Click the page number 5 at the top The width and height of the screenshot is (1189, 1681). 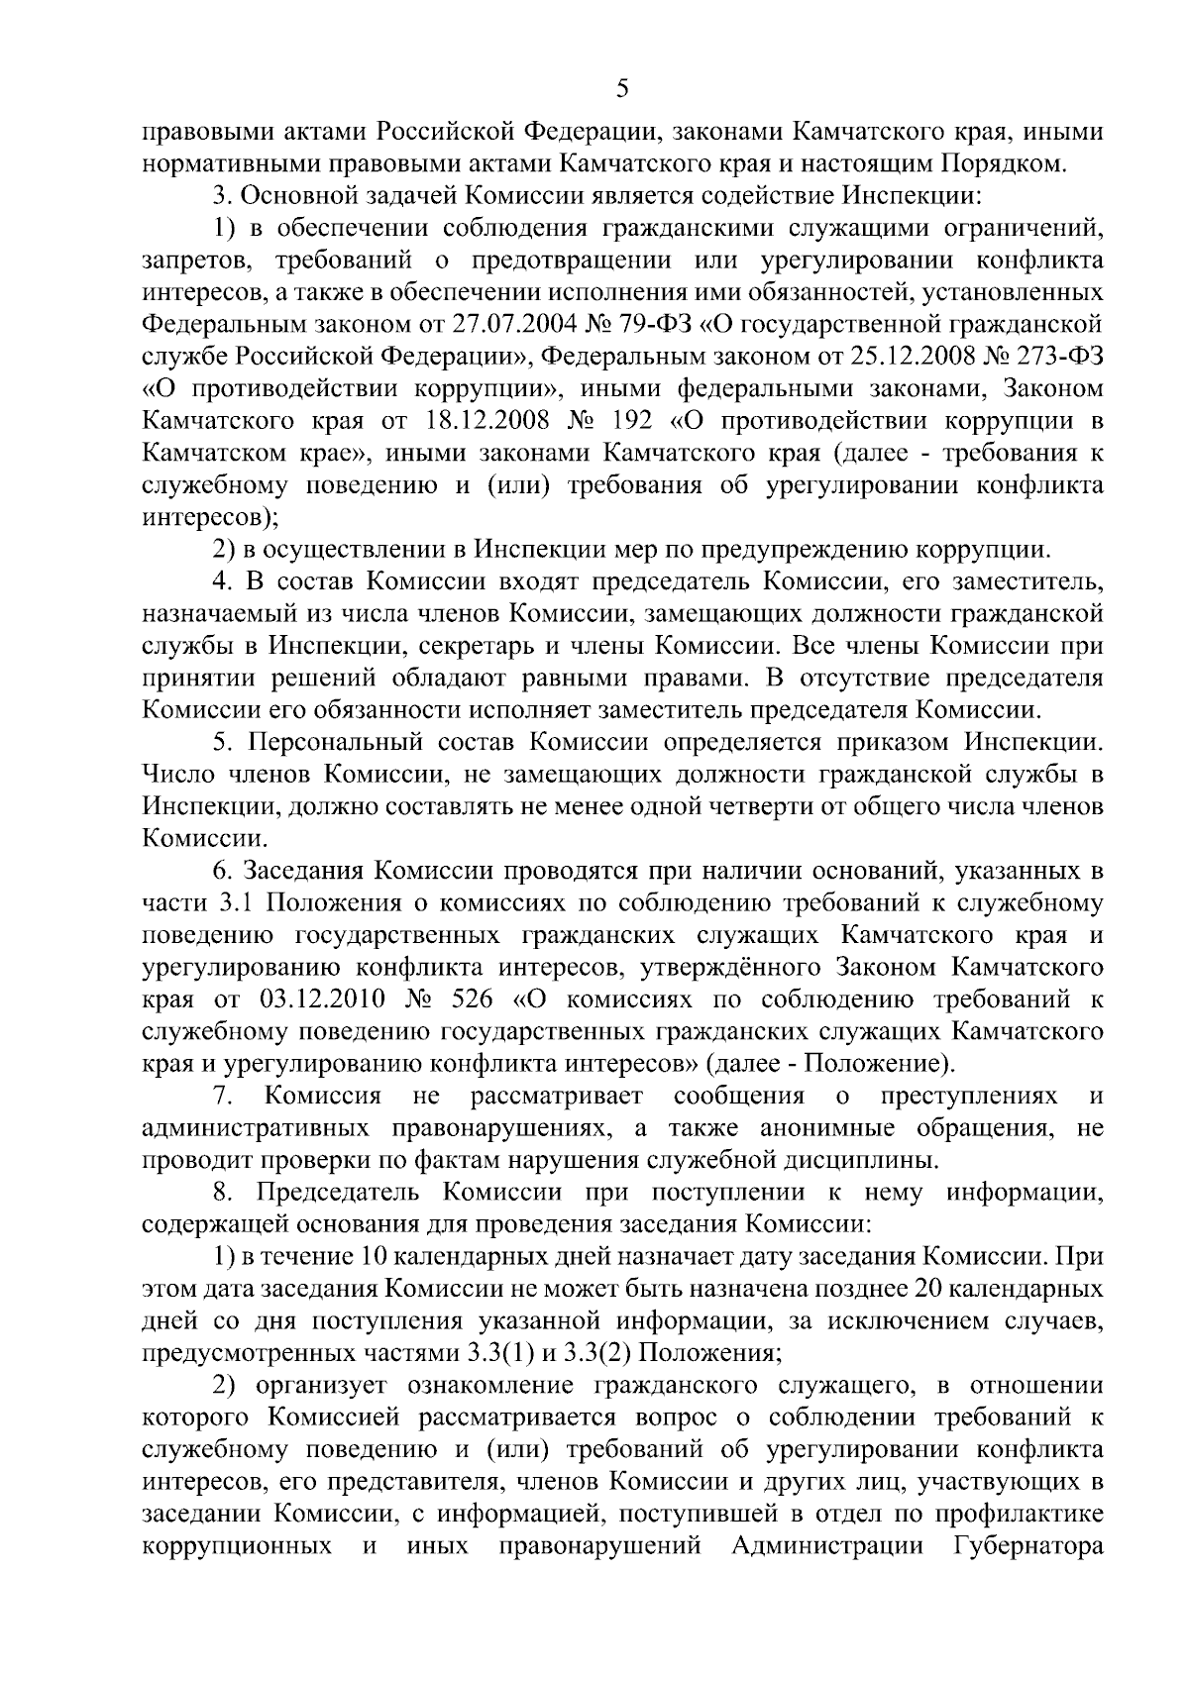[621, 89]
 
